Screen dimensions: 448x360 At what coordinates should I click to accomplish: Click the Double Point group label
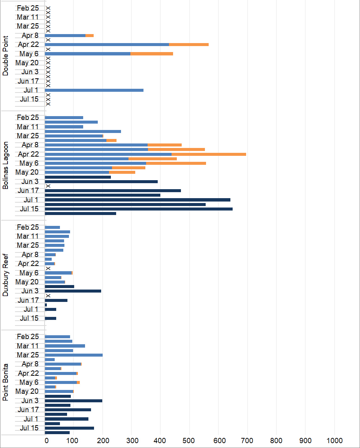tap(5, 56)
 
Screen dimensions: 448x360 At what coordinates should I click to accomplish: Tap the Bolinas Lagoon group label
tap(5, 165)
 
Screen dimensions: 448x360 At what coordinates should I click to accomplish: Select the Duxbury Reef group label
tap(5, 275)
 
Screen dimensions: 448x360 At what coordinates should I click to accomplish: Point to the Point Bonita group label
tap(5, 382)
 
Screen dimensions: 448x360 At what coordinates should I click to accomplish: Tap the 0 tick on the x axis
tap(46, 441)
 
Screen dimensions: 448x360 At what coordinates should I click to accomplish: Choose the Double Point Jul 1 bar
tap(94, 90)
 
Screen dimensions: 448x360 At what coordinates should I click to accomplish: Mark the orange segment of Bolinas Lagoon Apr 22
tap(209, 154)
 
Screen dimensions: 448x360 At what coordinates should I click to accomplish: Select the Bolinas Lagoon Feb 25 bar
tap(64, 118)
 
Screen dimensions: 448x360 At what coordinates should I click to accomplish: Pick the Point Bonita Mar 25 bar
tap(74, 355)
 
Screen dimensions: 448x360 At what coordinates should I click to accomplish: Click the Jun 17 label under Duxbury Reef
tap(28, 300)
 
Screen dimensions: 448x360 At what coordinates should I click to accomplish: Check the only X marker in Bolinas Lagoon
tap(48, 186)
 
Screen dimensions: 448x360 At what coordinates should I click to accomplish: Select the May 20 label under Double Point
tap(27, 63)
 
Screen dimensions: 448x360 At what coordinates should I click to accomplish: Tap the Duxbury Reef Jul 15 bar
tap(51, 318)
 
